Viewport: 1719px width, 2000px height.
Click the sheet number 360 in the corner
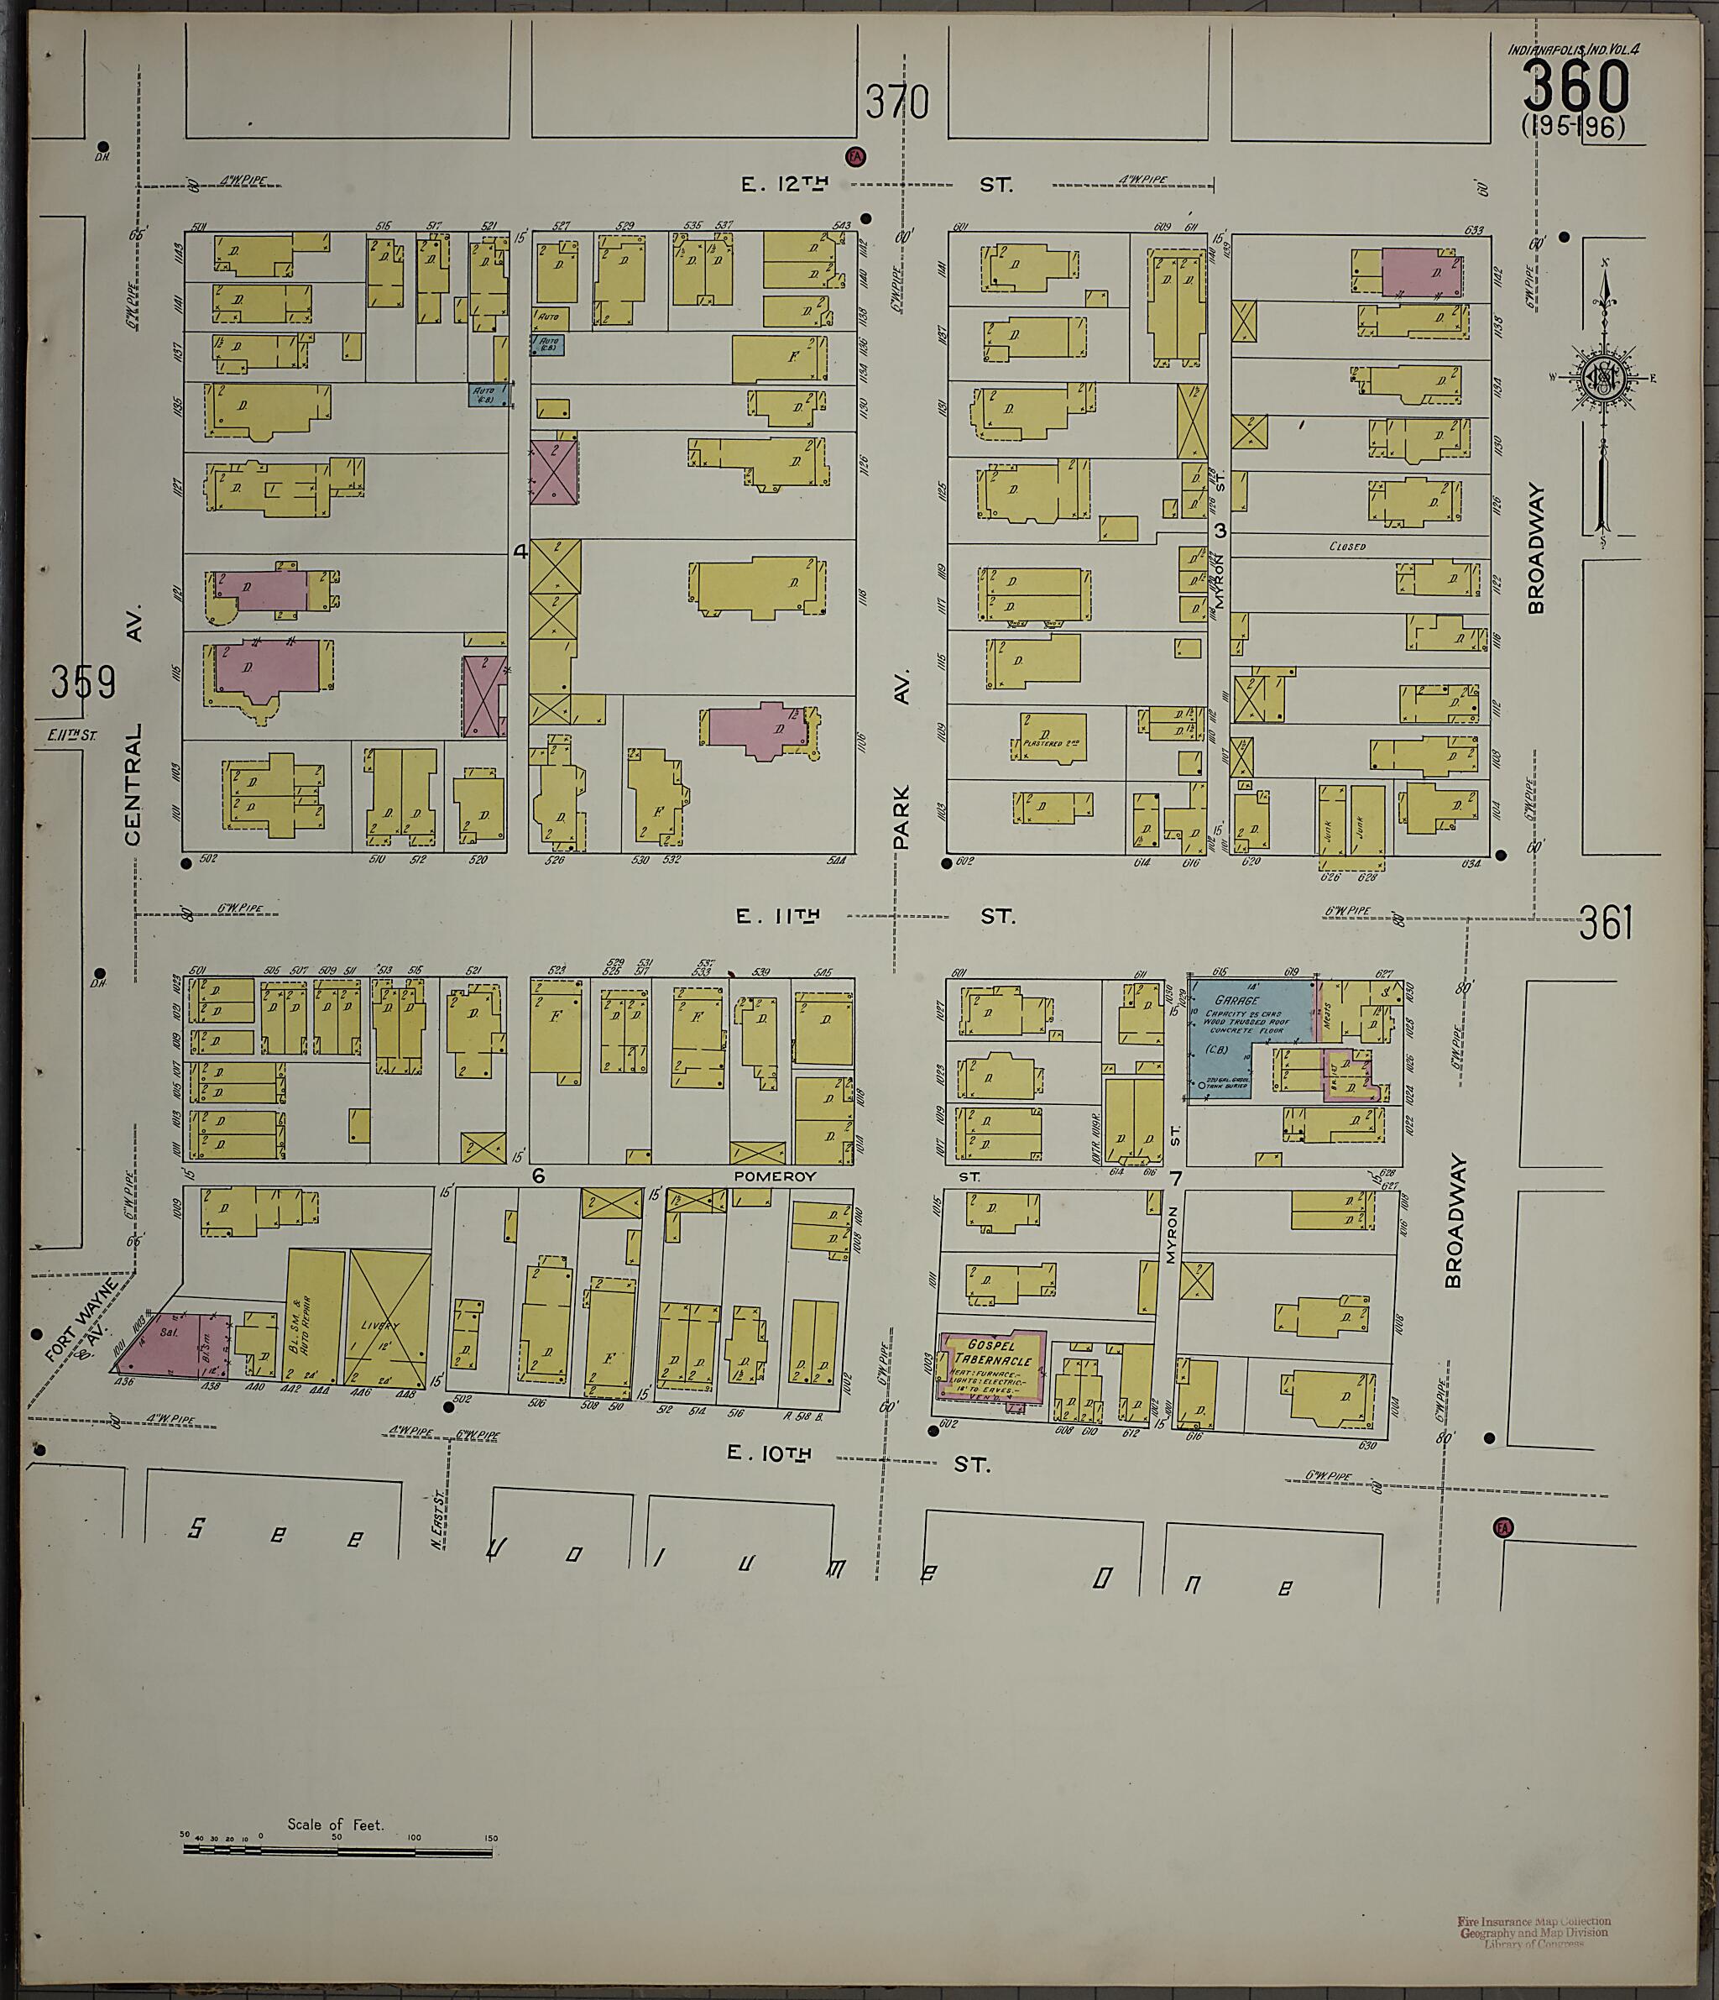pos(1575,86)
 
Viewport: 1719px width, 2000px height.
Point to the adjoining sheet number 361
pos(1606,923)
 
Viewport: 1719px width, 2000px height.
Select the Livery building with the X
pos(389,1317)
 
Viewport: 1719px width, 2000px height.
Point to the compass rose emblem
pos(1602,376)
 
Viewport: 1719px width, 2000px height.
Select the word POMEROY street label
pos(775,1176)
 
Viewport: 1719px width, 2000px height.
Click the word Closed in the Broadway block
pos(1346,547)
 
